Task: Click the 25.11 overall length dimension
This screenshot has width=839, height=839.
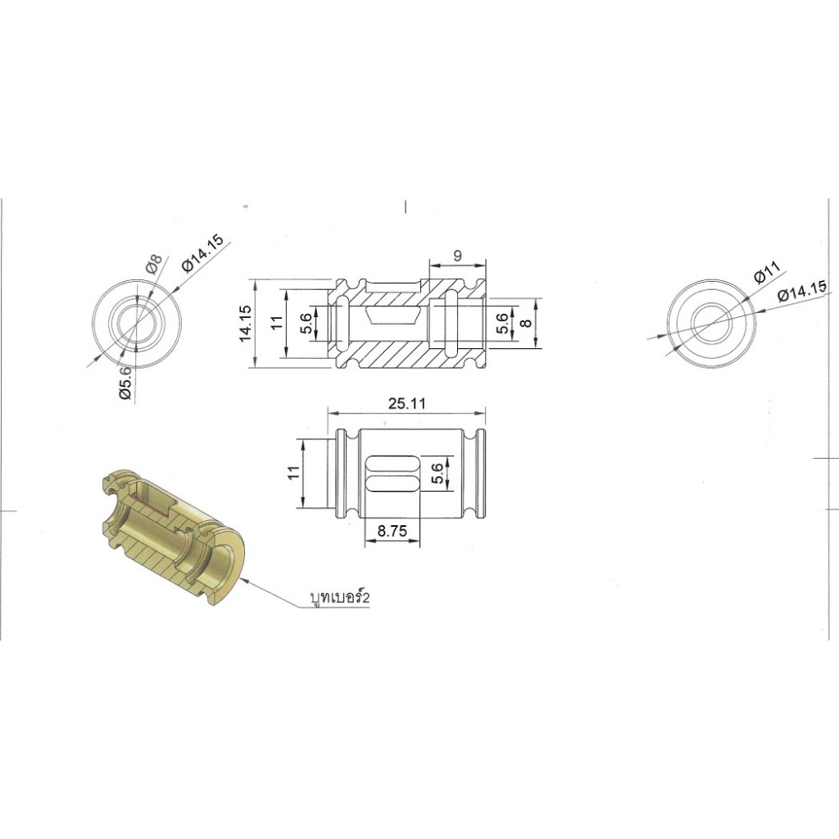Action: [x=407, y=403]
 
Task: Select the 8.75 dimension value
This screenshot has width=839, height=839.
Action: [x=392, y=531]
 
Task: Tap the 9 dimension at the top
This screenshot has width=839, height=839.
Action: [x=457, y=256]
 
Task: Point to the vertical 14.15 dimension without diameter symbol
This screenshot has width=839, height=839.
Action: [x=246, y=323]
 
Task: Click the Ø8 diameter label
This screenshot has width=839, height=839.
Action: [x=153, y=264]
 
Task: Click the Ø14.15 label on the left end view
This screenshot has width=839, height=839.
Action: [x=203, y=253]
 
